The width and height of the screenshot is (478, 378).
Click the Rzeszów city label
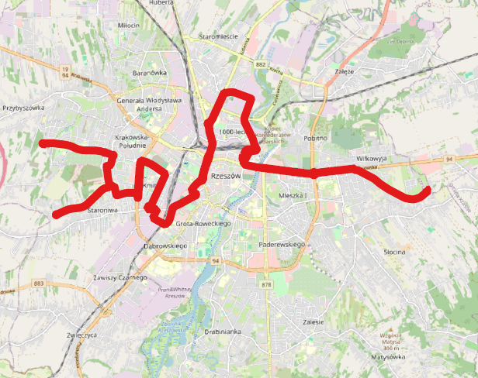226,177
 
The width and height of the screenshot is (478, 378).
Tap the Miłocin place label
128,25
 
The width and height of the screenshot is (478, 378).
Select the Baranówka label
150,73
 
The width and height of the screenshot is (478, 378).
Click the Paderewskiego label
280,243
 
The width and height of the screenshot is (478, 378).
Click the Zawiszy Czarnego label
119,277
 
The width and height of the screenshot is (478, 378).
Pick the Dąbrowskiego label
167,246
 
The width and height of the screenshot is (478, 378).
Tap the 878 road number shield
268,285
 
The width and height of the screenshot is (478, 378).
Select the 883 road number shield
39,283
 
